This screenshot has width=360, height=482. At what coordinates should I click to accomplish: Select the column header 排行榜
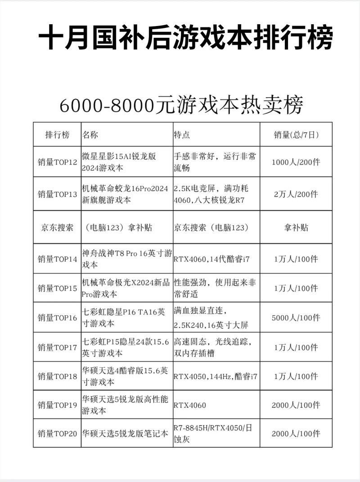[x=57, y=134]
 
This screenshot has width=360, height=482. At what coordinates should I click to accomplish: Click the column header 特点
[x=182, y=134]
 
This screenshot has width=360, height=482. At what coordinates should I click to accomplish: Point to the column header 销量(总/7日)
[x=296, y=134]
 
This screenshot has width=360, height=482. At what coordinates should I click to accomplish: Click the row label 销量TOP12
[x=57, y=162]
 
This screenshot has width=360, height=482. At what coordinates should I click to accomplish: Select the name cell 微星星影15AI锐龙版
[x=119, y=162]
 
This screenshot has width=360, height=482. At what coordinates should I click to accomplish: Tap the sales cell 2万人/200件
[x=296, y=195]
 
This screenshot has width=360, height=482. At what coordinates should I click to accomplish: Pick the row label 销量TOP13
[x=57, y=195]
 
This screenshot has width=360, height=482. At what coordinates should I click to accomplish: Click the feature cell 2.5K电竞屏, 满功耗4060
[x=215, y=195]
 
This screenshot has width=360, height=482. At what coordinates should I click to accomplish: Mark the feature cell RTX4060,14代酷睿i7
[x=212, y=259]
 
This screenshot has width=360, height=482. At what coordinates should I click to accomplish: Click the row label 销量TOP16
[x=57, y=318]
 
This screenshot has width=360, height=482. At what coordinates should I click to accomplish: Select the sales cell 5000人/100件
[x=296, y=318]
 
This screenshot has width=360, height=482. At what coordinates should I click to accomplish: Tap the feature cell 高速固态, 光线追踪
[x=215, y=348]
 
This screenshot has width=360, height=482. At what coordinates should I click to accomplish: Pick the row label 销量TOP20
[x=57, y=434]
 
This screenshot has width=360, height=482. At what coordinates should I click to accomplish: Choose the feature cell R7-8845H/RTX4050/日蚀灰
[x=213, y=434]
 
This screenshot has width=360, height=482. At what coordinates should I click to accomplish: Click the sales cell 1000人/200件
[x=296, y=162]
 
